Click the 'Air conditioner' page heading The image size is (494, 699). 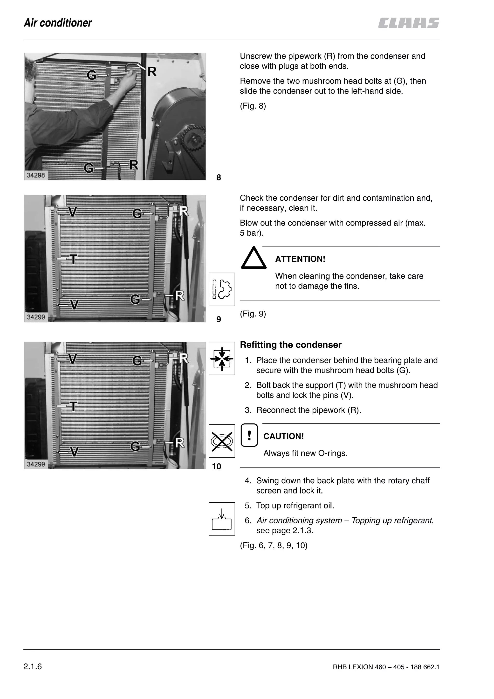(x=58, y=23)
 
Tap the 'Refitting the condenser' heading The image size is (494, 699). (x=291, y=345)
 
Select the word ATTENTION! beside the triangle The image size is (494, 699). (x=300, y=259)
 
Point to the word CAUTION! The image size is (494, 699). (x=283, y=436)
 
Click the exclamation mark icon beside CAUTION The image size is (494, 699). (x=249, y=435)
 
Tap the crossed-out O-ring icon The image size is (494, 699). (x=222, y=441)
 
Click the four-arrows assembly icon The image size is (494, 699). (x=222, y=359)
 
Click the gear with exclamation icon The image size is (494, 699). (x=222, y=289)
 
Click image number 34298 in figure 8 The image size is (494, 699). (x=36, y=175)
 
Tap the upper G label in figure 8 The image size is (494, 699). (x=92, y=75)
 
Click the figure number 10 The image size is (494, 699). (x=216, y=466)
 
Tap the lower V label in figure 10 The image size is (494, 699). (x=74, y=452)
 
